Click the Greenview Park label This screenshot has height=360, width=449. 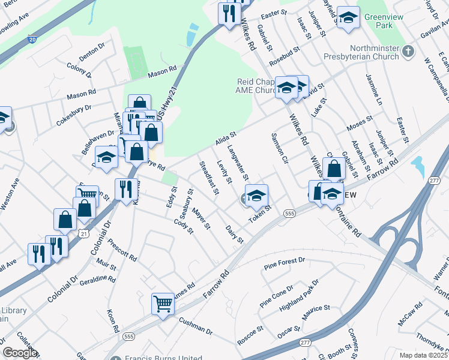[383, 22]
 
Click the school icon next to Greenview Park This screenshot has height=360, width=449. [348, 17]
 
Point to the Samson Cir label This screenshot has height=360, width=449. [280, 148]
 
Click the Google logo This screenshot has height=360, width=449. [20, 353]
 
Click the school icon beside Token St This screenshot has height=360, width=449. [256, 195]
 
